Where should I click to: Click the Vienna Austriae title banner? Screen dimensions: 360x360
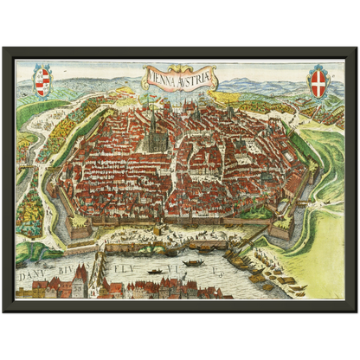click(x=181, y=81)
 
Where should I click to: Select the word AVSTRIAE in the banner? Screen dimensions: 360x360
click(x=196, y=80)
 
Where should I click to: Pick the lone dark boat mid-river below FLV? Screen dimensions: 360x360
click(x=156, y=272)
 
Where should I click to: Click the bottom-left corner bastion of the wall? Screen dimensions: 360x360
click(x=80, y=228)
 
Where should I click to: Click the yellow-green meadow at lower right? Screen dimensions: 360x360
click(x=325, y=251)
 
